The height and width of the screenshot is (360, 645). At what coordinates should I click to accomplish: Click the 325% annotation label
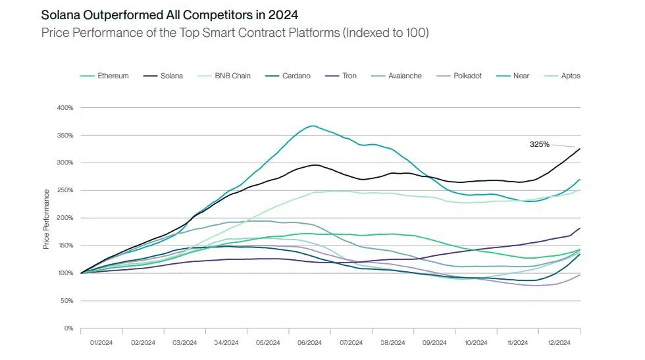coord(540,143)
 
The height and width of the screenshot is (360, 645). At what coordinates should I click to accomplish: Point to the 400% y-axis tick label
coord(64,107)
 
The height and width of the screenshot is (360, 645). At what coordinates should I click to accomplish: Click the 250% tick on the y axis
coord(64,190)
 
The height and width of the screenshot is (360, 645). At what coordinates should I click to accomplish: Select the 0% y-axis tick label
coord(68,328)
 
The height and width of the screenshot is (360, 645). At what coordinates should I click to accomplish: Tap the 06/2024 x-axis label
coord(309,343)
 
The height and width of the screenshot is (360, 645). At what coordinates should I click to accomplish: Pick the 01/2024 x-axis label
coord(101,343)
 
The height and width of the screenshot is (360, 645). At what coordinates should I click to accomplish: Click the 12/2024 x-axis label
coord(559,343)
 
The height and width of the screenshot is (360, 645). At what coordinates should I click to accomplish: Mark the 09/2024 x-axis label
coord(434,343)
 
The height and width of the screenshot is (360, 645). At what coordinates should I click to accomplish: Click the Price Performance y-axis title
coord(46,219)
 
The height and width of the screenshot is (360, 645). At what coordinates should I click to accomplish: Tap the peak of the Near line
coord(313,126)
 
